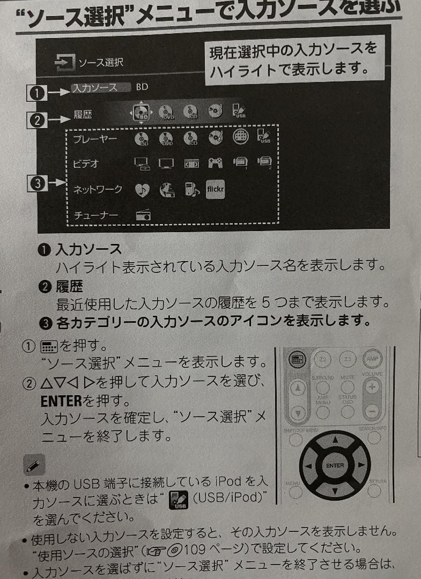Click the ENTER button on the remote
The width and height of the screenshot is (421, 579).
[335, 465]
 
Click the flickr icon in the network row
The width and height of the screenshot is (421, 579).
[215, 189]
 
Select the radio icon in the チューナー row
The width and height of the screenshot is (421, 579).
[143, 215]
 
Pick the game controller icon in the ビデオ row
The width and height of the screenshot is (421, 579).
[215, 163]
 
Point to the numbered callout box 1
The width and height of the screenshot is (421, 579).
[36, 93]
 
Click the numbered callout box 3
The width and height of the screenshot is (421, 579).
[36, 184]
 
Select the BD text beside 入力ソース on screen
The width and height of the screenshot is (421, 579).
[142, 87]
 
